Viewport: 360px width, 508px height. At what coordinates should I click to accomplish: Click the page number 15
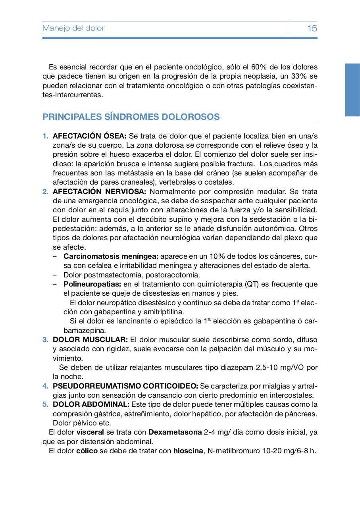tap(312, 28)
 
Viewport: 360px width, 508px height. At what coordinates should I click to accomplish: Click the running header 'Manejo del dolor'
tap(73, 28)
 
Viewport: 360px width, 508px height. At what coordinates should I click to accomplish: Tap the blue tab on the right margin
tap(352, 90)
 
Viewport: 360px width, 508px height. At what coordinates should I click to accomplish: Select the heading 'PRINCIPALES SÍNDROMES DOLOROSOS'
tap(131, 117)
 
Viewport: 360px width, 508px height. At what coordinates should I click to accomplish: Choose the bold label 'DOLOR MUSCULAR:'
tap(90, 340)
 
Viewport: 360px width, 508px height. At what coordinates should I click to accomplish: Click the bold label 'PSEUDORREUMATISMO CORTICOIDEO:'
tap(125, 386)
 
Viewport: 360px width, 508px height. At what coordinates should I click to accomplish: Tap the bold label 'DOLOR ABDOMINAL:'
tap(91, 404)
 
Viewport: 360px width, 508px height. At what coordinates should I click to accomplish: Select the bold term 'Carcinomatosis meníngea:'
tap(111, 256)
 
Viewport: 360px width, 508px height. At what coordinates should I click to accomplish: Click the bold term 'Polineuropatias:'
tap(92, 284)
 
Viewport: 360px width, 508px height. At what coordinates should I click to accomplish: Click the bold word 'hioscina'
tap(188, 451)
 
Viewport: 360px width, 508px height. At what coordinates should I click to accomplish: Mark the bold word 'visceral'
tap(90, 432)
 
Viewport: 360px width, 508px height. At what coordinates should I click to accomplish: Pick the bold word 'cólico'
tap(87, 451)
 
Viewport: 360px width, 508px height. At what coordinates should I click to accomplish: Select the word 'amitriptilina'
tap(164, 312)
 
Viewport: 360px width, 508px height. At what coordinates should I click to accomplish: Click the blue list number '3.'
tap(46, 340)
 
